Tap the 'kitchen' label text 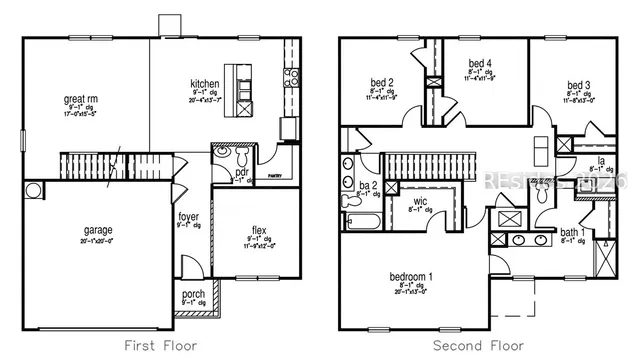point(205,83)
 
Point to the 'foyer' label point(188,216)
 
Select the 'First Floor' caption point(160,346)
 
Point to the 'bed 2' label point(381,82)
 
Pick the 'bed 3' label point(578,84)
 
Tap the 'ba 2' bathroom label point(367,185)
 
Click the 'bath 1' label point(571,233)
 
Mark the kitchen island point(237,88)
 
